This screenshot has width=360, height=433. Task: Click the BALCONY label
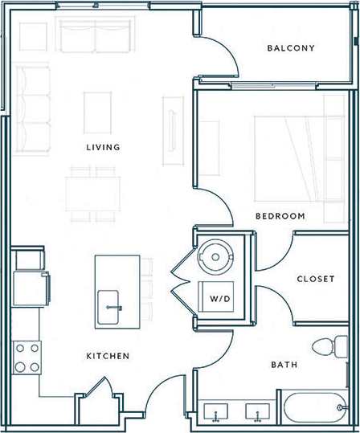point(291,48)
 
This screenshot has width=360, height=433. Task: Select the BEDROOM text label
point(280,216)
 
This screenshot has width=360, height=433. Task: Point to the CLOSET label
point(315,280)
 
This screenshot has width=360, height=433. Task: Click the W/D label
point(219,299)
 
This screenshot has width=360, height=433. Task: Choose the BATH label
point(284,365)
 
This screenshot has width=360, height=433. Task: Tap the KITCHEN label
point(108,356)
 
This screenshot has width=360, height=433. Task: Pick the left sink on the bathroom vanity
point(216,413)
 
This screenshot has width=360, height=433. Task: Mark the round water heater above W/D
point(216,256)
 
